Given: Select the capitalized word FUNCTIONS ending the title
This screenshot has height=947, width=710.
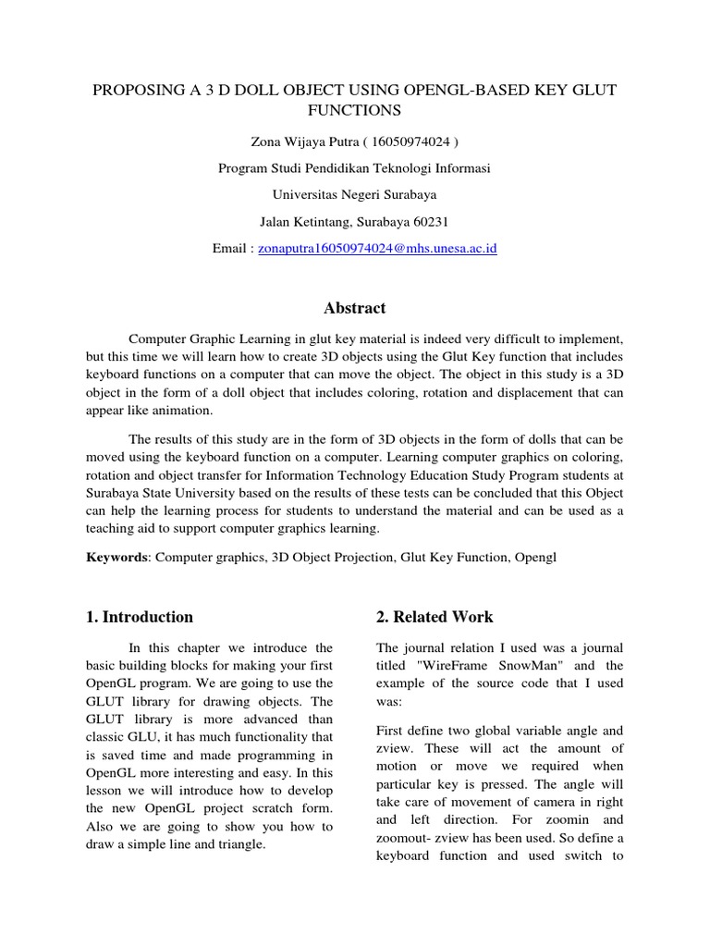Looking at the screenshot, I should click(355, 111).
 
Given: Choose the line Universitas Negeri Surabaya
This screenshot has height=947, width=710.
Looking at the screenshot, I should click(355, 195).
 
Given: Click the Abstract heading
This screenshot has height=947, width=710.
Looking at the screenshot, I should click(355, 308).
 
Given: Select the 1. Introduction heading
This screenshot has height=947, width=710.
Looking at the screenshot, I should click(140, 617).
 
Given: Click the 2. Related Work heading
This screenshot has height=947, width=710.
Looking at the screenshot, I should click(435, 617).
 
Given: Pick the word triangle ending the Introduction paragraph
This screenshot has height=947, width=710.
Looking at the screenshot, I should click(241, 845).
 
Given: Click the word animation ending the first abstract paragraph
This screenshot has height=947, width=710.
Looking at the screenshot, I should click(184, 411).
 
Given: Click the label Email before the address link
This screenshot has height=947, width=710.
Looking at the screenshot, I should click(229, 249).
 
